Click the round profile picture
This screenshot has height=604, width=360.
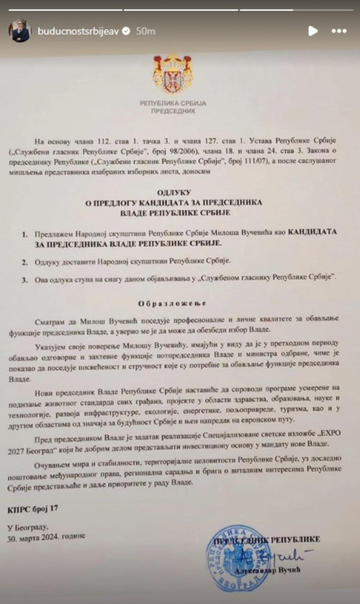tap(19, 30)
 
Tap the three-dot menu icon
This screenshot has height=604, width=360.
tap(339, 30)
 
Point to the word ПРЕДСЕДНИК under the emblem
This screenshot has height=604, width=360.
tap(173, 111)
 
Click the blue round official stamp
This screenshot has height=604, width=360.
tap(238, 558)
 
